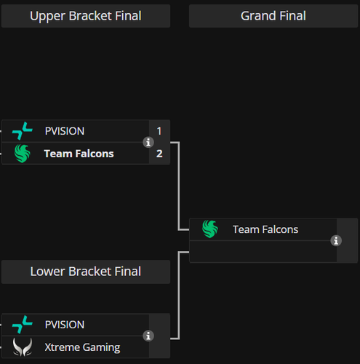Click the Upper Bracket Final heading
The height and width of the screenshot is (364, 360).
86,16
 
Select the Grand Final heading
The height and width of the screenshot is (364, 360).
273,16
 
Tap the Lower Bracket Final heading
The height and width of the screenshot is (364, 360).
86,272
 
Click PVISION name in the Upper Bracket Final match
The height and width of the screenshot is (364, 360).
65,131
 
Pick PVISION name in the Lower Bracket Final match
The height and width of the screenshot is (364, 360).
65,325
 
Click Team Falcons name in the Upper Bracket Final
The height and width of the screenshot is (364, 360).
79,154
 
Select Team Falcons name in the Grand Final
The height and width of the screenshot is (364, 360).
265,229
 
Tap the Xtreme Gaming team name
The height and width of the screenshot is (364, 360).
82,347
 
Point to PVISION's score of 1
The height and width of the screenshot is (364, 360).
159,131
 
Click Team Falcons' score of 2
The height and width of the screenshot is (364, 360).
159,154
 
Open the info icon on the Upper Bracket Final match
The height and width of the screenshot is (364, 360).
148,143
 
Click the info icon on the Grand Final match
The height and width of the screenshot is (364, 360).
336,241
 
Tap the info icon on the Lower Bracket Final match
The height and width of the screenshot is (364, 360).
148,336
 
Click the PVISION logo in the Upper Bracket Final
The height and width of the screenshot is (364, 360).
22,131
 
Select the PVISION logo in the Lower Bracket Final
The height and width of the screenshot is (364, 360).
22,325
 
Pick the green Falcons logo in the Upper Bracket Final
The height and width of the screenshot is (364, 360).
22,154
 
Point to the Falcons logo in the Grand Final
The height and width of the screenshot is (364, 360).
210,229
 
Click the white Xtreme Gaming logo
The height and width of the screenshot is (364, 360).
23,347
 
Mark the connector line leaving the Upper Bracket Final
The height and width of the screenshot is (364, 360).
179,186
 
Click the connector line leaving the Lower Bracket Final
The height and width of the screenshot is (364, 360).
179,296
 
